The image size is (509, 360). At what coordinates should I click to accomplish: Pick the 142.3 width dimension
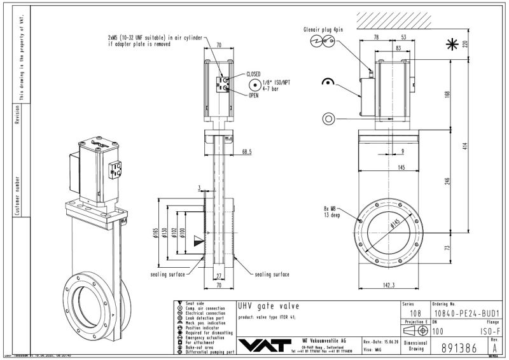pyautogui.click(x=386, y=286)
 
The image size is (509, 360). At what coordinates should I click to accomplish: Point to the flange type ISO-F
pyautogui.click(x=486, y=331)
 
